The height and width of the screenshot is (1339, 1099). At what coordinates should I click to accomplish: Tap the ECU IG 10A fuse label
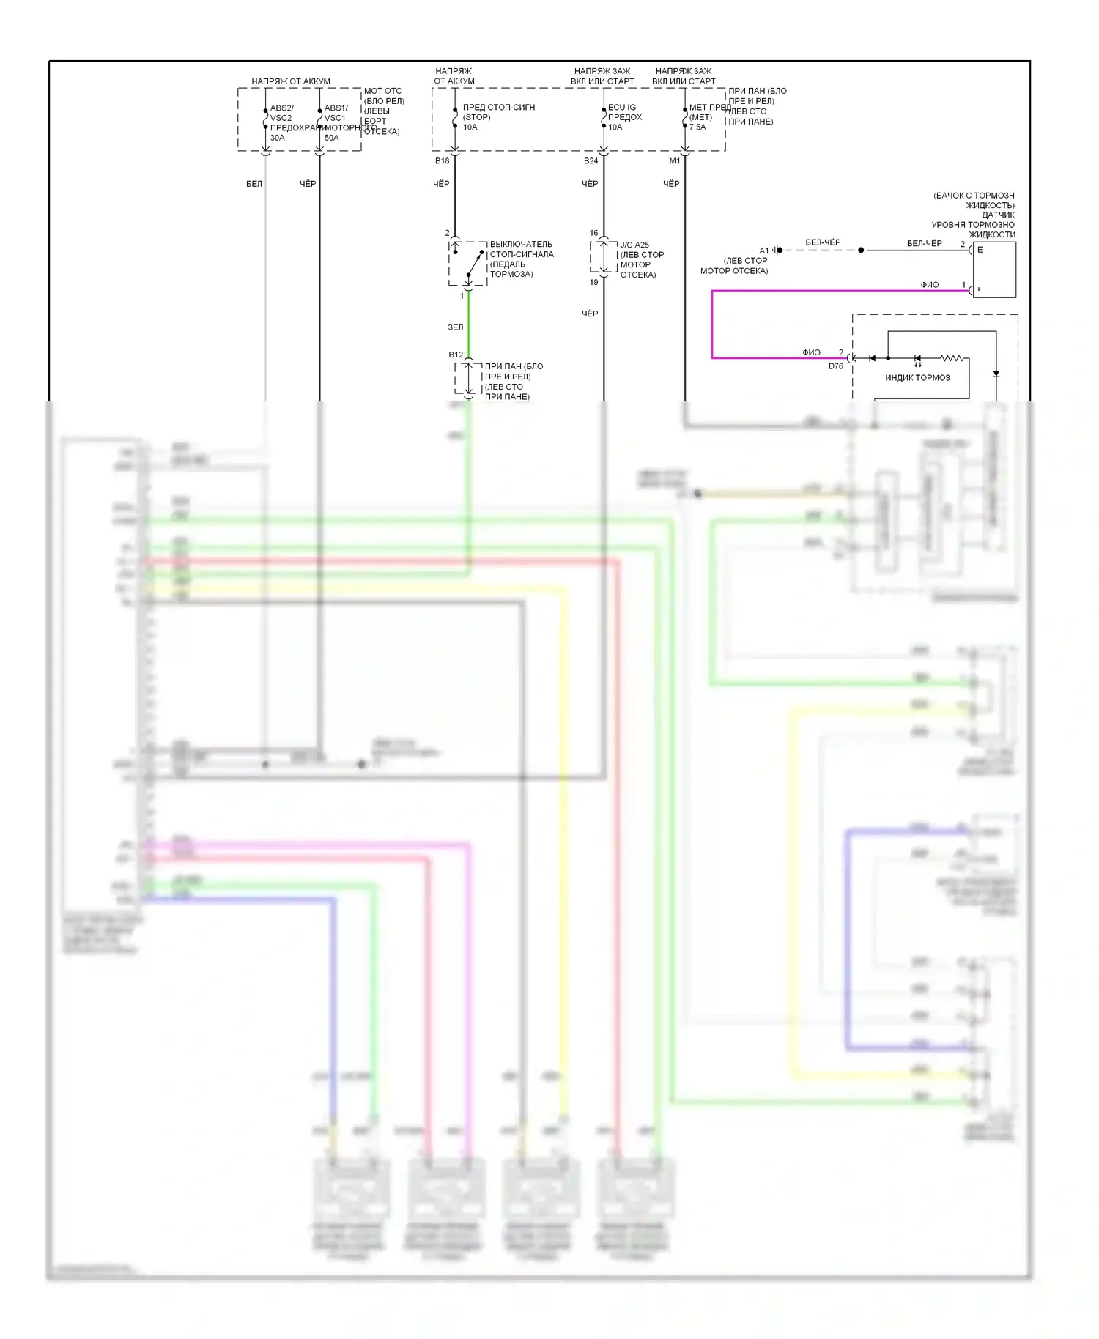click(624, 117)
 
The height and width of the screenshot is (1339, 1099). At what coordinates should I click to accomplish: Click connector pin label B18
click(442, 161)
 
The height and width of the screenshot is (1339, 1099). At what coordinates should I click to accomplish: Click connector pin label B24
click(591, 161)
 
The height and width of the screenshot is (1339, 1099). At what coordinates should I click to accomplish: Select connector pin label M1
click(674, 161)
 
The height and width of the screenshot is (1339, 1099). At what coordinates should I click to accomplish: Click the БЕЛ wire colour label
click(254, 184)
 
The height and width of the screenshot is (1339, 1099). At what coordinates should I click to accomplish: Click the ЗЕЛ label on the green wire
click(455, 327)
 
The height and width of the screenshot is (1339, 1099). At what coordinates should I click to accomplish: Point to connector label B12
click(456, 355)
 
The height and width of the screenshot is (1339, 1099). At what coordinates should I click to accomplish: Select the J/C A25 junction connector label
click(634, 245)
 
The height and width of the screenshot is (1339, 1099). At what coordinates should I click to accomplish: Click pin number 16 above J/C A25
click(593, 233)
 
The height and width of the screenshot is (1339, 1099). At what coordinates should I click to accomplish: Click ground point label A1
click(763, 251)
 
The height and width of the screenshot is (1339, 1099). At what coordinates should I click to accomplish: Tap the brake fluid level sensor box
click(994, 270)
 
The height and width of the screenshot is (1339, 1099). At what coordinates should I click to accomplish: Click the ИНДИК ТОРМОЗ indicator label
click(917, 378)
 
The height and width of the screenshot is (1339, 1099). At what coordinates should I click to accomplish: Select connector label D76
click(836, 366)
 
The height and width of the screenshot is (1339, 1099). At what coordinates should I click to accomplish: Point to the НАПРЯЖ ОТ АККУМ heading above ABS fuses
click(290, 81)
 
